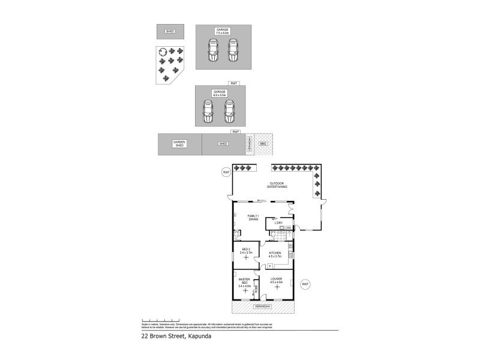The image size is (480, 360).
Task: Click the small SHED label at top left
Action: pyautogui.click(x=170, y=31)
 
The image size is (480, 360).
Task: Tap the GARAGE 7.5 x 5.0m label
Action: pyautogui.click(x=223, y=31)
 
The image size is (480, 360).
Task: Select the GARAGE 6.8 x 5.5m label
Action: pyautogui.click(x=219, y=94)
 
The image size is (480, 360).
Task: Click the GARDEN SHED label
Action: pyautogui.click(x=179, y=144)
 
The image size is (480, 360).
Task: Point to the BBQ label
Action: pyautogui.click(x=263, y=144)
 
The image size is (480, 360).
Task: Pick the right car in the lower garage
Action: pyautogui.click(x=229, y=111)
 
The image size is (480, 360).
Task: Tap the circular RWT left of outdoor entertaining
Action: pyautogui.click(x=226, y=173)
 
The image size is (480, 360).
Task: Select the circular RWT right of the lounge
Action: pyautogui.click(x=305, y=284)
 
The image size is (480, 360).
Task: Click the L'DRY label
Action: pyautogui.click(x=278, y=223)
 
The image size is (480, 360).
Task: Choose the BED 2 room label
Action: pyautogui.click(x=246, y=251)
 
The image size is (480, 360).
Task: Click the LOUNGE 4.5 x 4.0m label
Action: pyautogui.click(x=277, y=281)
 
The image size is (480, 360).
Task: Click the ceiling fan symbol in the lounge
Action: pyautogui.click(x=277, y=287)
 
